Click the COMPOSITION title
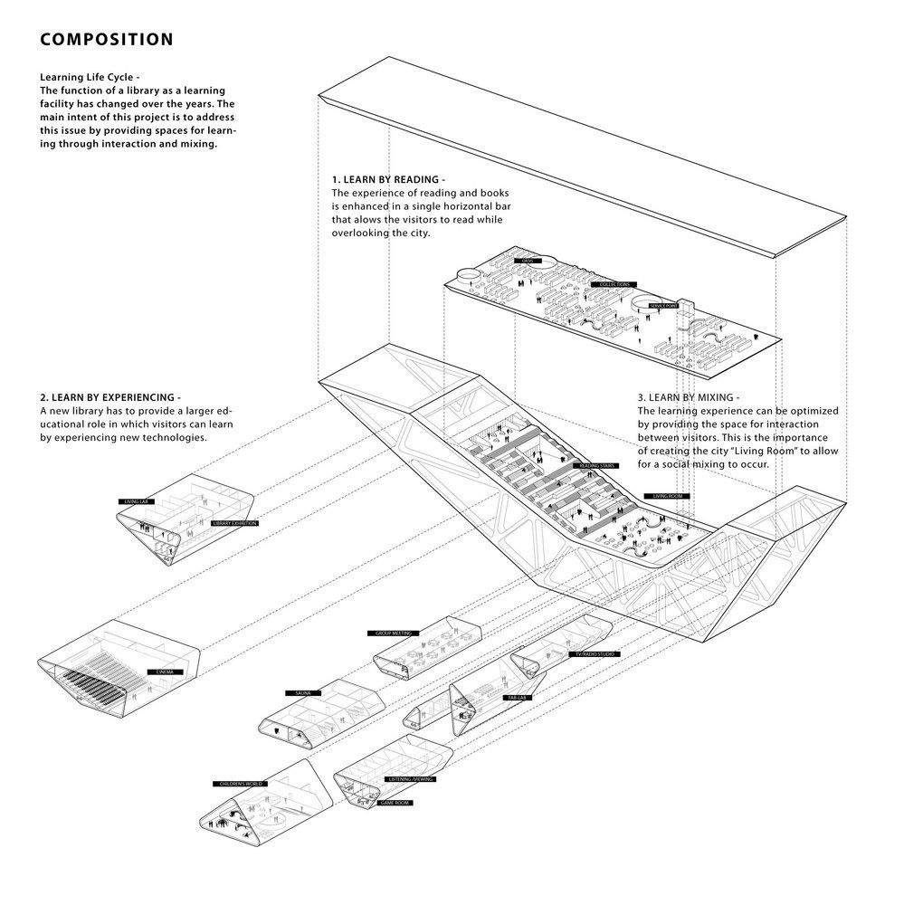[106, 40]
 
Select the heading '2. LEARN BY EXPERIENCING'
[110, 398]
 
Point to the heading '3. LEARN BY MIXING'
[689, 398]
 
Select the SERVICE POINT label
[663, 307]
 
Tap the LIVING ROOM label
[667, 496]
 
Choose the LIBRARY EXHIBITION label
[233, 523]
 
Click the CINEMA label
[165, 672]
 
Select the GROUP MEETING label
[388, 633]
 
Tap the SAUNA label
[303, 693]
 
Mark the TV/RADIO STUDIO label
[593, 653]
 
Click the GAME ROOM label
[394, 803]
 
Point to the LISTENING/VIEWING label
[410, 779]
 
